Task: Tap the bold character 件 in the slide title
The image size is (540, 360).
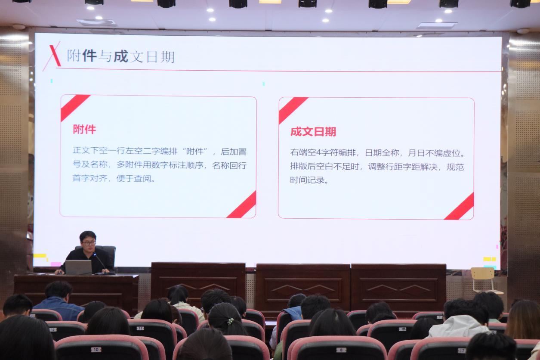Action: [89, 56]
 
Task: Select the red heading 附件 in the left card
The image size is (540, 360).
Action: [84, 129]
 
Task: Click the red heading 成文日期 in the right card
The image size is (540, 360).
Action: [313, 132]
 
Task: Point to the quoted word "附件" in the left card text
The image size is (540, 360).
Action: [195, 152]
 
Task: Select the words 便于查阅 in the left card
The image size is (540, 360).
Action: [134, 179]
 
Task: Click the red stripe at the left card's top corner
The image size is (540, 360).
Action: [74, 108]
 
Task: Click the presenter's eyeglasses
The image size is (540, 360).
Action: [89, 243]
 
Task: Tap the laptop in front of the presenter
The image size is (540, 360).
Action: [78, 267]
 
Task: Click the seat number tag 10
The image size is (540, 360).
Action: [96, 349]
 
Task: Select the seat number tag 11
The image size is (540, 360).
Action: [140, 328]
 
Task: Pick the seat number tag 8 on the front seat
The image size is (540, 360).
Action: [341, 350]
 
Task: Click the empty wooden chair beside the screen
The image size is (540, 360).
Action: [484, 280]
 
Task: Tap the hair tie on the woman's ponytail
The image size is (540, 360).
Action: [231, 321]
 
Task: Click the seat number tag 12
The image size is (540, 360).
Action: [53, 329]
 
